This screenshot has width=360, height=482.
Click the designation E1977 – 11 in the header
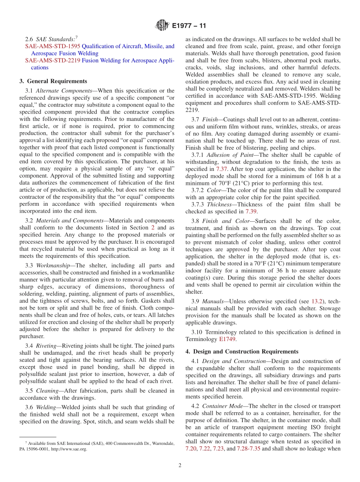(x=189, y=26)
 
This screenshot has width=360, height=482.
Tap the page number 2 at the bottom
(x=180, y=465)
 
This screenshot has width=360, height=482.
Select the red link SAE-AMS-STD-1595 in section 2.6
(x=53, y=46)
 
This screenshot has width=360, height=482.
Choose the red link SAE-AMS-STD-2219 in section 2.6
(x=53, y=60)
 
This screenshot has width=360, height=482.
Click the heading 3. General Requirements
(x=53, y=81)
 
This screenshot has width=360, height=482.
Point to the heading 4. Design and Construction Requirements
(x=242, y=351)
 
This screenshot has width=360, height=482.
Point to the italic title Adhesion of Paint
(x=228, y=155)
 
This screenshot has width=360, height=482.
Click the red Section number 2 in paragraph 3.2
(x=153, y=227)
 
